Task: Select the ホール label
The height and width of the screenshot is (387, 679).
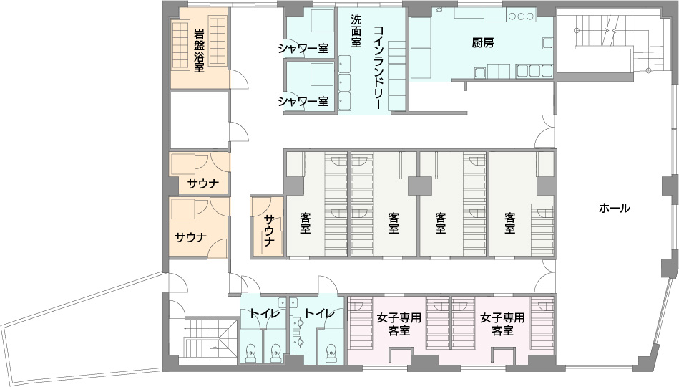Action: point(614,209)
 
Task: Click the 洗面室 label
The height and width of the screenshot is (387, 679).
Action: point(356,31)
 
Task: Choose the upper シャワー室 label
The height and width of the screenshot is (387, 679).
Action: point(303,49)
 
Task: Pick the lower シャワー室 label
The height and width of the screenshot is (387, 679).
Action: point(303,100)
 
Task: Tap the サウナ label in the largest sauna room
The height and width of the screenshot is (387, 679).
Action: point(191,236)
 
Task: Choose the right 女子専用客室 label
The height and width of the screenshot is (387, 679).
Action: point(502,324)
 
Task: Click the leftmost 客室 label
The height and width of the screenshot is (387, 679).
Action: point(306,223)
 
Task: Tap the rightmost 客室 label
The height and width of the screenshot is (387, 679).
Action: point(509,223)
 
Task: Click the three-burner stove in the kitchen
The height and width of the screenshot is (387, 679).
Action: point(521,15)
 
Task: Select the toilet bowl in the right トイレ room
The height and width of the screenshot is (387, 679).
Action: point(331,351)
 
